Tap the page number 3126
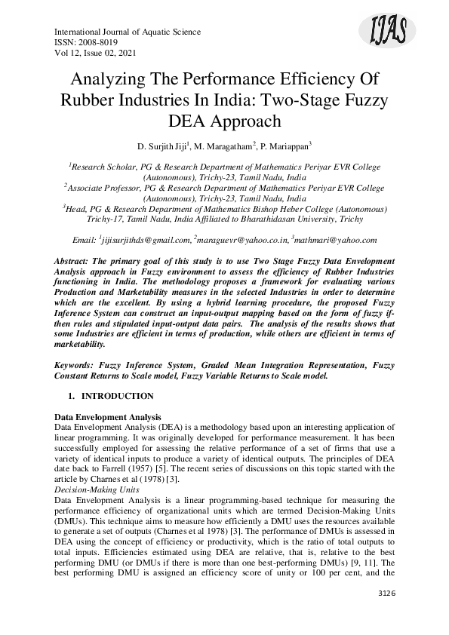pyautogui.click(x=386, y=594)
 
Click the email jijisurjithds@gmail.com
pyautogui.click(x=145, y=239)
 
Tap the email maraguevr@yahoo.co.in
pyautogui.click(x=241, y=239)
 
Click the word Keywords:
pyautogui.click(x=81, y=364)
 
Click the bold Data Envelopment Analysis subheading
pyautogui.click(x=109, y=417)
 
